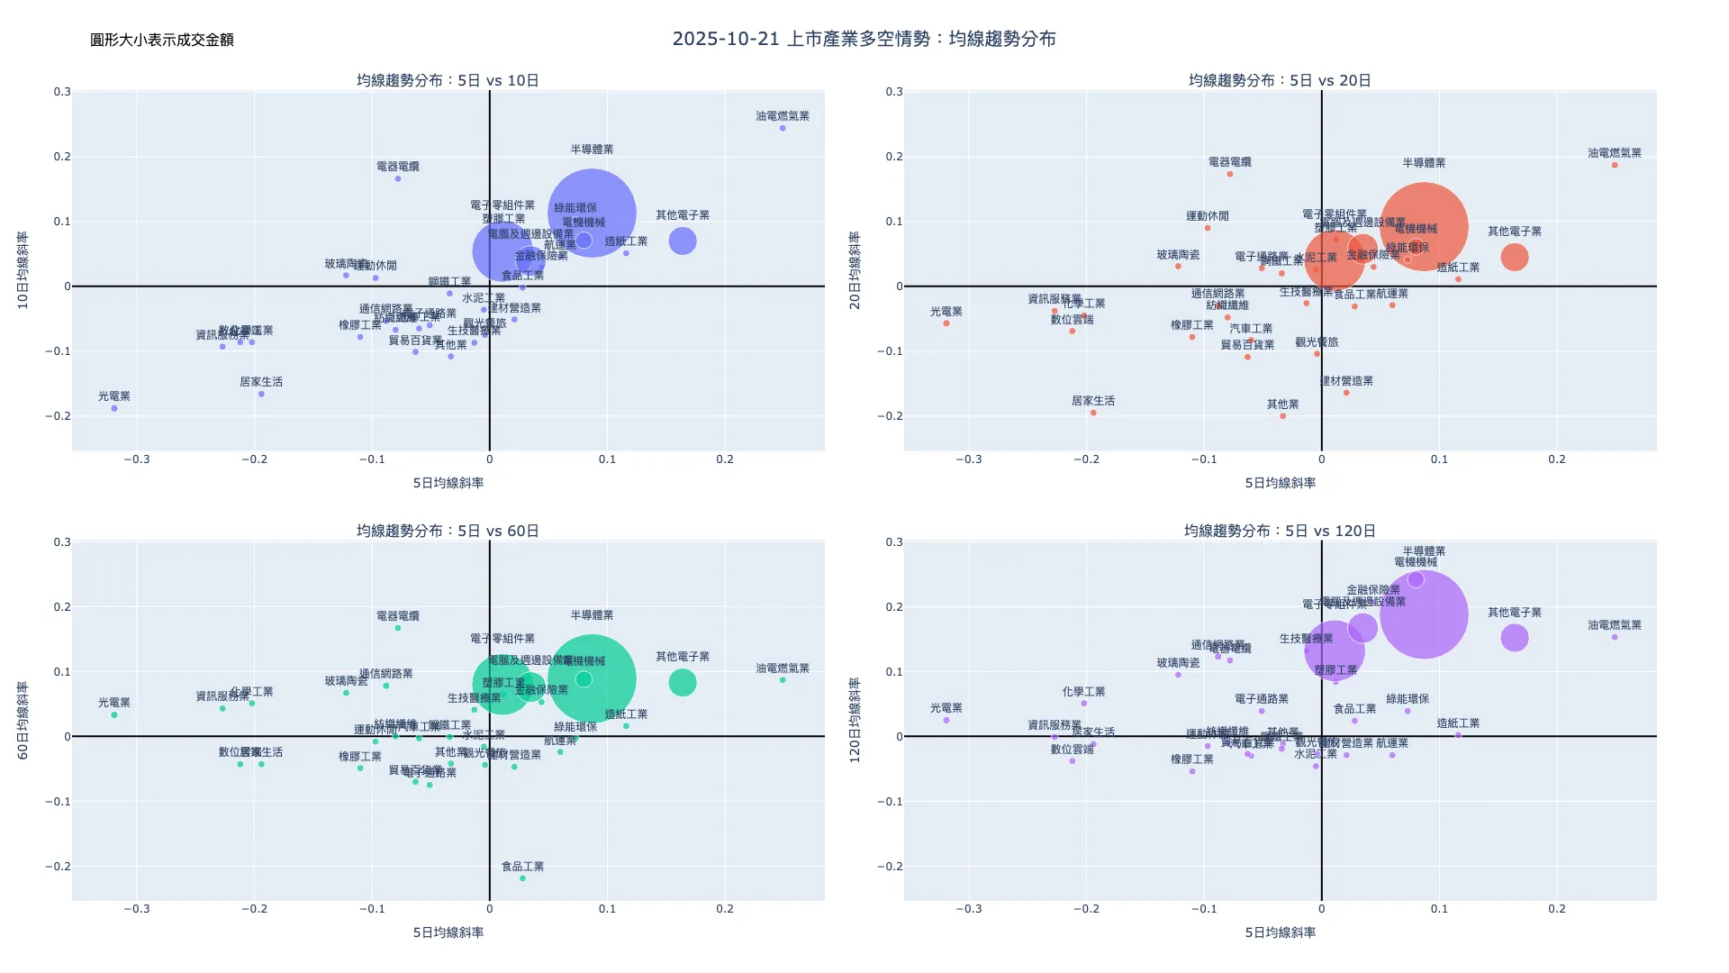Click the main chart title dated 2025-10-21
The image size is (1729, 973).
(x=864, y=39)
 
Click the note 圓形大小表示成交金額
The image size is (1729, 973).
(x=162, y=40)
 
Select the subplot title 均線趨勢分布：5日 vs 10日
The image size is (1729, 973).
(x=448, y=80)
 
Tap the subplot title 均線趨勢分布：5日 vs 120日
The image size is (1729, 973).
(x=1280, y=531)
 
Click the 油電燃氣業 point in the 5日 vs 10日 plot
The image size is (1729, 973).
(x=783, y=128)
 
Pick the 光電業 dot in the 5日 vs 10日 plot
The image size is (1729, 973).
(x=114, y=408)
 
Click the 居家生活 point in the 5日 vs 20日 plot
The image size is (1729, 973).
(x=1093, y=413)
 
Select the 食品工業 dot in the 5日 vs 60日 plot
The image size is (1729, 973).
(x=522, y=878)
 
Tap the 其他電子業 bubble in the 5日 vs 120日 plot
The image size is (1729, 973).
(x=1515, y=638)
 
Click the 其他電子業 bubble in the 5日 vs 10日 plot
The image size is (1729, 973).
(x=683, y=241)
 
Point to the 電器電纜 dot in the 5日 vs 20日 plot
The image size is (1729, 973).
(x=1230, y=174)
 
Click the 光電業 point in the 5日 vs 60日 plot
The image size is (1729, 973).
(x=114, y=714)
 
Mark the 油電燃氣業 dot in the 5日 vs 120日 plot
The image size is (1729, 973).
(x=1615, y=637)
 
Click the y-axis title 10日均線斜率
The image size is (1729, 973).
(x=23, y=270)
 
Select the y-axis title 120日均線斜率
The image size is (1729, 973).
(x=855, y=721)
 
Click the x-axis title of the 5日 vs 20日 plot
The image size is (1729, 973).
(x=1280, y=483)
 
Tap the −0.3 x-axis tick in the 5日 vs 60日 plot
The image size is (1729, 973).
(x=137, y=909)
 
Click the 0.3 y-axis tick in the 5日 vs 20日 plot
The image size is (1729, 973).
(x=893, y=92)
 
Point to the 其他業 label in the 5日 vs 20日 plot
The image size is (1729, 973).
(x=1282, y=405)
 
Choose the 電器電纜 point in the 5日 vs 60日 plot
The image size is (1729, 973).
(x=398, y=628)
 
